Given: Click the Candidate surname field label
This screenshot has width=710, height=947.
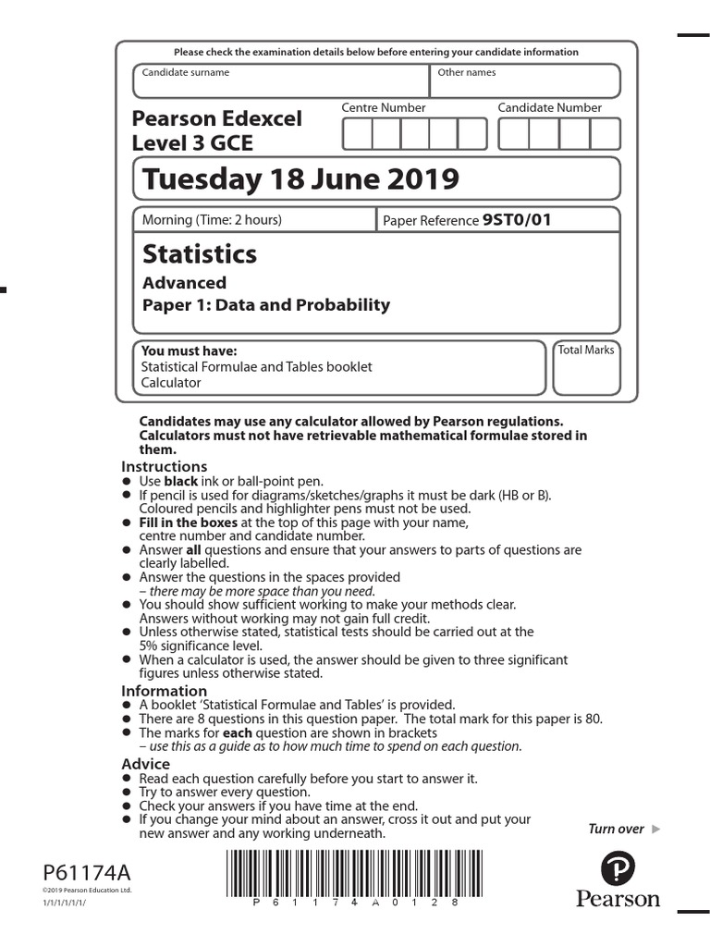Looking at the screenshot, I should (185, 72).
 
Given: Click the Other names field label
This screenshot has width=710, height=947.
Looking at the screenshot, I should (466, 72).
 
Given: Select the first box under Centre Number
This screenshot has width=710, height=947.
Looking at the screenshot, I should (357, 134).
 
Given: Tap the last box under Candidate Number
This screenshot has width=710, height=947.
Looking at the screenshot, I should (606, 134).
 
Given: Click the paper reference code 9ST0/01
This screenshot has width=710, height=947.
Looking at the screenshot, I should (517, 220).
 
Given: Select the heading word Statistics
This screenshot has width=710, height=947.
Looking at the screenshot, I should (200, 253).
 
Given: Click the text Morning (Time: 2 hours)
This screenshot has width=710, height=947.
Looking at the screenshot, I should (212, 220).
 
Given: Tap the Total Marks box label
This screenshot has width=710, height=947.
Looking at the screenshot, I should (586, 351).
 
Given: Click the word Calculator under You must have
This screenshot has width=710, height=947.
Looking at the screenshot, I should (170, 382).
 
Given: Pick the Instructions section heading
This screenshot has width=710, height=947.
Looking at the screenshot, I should (165, 467).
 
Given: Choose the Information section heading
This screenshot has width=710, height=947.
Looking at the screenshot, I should (165, 691).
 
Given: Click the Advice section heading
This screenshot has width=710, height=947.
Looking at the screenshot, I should (146, 764).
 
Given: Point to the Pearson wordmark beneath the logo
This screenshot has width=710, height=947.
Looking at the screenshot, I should (618, 899).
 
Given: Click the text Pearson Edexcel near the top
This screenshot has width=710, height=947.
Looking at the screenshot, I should (217, 119).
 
